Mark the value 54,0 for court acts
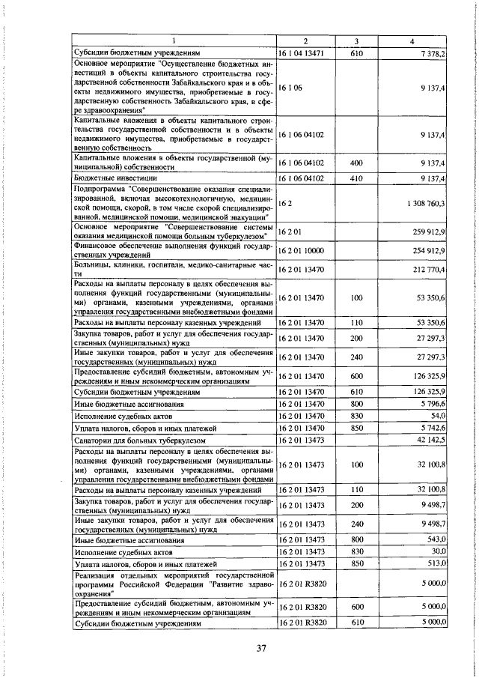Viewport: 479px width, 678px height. pyautogui.click(x=437, y=416)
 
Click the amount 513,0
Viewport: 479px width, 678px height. pyautogui.click(x=436, y=564)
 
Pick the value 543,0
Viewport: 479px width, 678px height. pyautogui.click(x=436, y=539)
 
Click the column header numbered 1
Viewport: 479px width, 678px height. pyautogui.click(x=174, y=40)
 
